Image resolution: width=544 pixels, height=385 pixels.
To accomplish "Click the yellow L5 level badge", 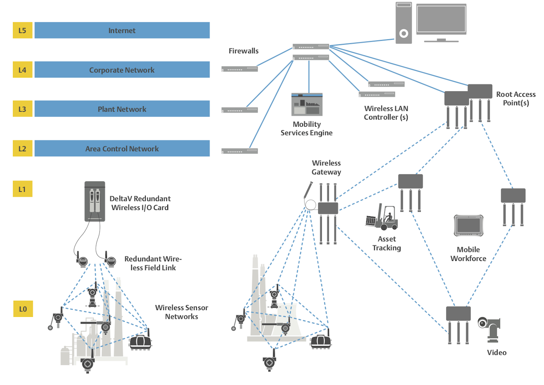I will tap(22, 30).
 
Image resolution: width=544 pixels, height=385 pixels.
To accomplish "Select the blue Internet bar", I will tap(122, 30).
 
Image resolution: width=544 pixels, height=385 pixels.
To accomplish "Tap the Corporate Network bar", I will tap(122, 70).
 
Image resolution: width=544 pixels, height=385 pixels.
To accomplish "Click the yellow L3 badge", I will tap(22, 109).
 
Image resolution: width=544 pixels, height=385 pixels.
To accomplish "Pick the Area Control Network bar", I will tap(122, 148).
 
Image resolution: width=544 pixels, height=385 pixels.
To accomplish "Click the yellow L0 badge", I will tap(23, 309).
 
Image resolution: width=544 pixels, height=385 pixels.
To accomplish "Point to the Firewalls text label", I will tap(243, 51).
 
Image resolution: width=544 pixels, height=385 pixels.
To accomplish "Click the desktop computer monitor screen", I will tap(441, 19).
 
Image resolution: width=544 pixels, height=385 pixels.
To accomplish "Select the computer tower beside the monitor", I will tap(403, 23).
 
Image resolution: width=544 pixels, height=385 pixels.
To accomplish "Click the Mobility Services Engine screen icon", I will tap(307, 104).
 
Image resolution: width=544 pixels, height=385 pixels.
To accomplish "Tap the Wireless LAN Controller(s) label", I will tap(386, 113).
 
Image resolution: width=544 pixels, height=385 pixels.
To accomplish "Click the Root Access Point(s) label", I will tap(516, 98).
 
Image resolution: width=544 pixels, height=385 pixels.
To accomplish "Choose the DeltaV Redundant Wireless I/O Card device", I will tap(94, 201).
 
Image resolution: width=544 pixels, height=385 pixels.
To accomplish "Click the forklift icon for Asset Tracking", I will tap(382, 217).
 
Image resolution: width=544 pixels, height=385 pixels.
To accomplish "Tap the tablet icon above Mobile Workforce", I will tap(468, 226).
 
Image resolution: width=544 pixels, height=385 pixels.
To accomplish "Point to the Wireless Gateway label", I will tap(326, 167).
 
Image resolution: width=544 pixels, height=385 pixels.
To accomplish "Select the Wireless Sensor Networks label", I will tap(181, 312).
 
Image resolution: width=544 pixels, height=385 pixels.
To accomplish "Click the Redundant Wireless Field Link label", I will tap(153, 263).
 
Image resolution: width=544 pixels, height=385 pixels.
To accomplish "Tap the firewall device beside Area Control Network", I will tap(240, 151).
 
